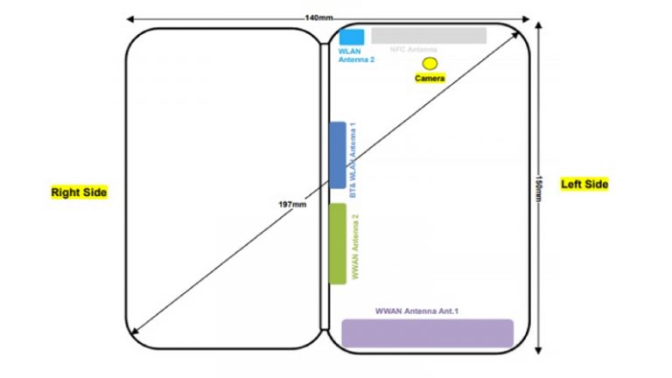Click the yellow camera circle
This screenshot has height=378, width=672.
pyautogui.click(x=430, y=63)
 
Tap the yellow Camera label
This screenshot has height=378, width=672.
pyautogui.click(x=430, y=79)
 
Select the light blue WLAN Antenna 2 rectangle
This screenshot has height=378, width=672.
pyautogui.click(x=352, y=37)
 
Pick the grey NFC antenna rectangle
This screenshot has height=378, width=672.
pyautogui.click(x=429, y=35)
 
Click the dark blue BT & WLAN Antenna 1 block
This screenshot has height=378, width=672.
pyautogui.click(x=337, y=155)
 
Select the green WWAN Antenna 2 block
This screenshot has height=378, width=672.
pyautogui.click(x=337, y=243)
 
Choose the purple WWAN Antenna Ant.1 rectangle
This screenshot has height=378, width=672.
pyautogui.click(x=427, y=333)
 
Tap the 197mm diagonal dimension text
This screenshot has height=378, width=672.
pyautogui.click(x=292, y=205)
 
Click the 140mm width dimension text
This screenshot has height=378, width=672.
pyautogui.click(x=318, y=17)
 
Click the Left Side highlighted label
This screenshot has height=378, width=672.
pyautogui.click(x=584, y=184)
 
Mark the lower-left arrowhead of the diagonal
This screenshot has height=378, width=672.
pyautogui.click(x=131, y=332)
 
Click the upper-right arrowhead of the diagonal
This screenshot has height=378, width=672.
pyautogui.click(x=521, y=30)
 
